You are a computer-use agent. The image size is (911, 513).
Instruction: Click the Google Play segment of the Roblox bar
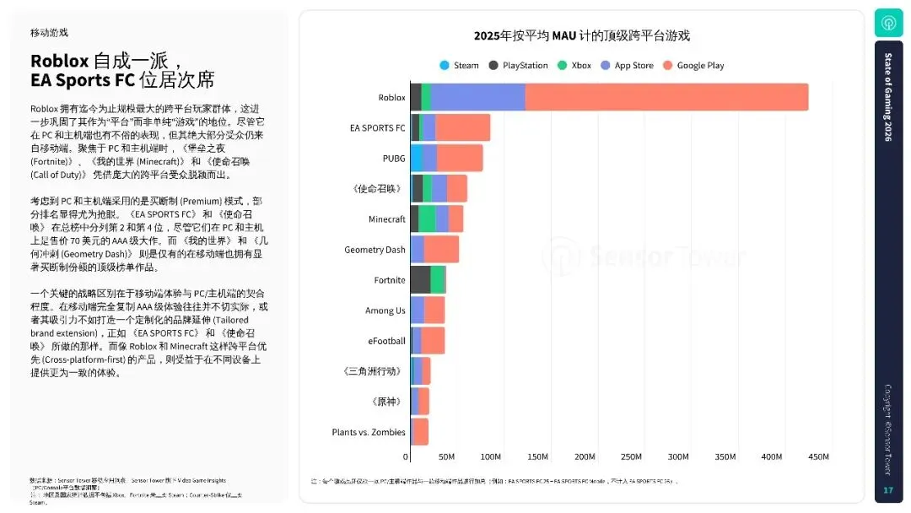tap(666, 97)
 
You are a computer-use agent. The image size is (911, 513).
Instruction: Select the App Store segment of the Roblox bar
tap(477, 97)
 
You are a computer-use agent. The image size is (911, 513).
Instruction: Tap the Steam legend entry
tap(459, 66)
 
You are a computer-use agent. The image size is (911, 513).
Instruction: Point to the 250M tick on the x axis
tap(630, 456)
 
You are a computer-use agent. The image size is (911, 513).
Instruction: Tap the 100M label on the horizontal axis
tap(491, 456)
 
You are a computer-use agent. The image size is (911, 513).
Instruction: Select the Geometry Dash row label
tap(375, 250)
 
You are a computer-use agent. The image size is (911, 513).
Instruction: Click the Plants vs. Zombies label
tap(369, 432)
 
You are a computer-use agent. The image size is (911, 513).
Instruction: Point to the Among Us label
tap(385, 310)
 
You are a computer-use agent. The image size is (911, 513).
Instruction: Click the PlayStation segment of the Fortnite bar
tap(420, 279)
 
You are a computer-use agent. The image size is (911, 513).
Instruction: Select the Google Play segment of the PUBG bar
tap(460, 158)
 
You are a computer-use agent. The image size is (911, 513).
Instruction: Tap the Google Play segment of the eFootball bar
tap(433, 341)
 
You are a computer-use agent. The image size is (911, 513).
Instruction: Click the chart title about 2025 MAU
tap(581, 35)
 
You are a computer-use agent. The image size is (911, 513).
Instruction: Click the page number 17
tap(887, 490)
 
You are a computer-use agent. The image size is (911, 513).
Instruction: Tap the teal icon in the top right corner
tap(888, 23)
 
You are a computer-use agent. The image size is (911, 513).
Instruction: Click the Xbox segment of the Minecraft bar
tap(427, 219)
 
